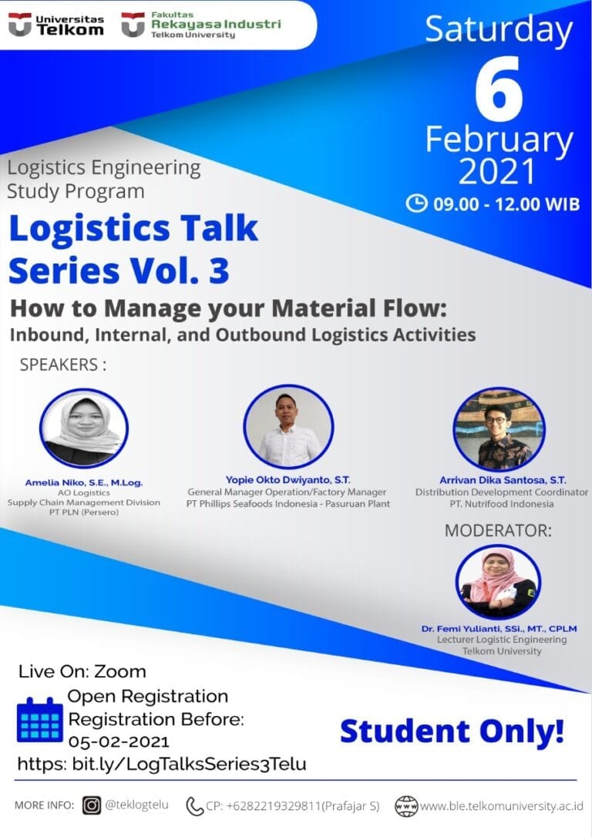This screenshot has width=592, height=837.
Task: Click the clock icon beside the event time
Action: coord(416,203)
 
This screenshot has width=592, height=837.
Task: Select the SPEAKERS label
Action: coord(62,365)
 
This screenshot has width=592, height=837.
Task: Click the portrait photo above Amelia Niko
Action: coord(83,428)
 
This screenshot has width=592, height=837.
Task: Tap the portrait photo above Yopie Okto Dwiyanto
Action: coord(288,426)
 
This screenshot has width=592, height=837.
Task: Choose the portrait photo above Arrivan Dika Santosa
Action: coord(499,429)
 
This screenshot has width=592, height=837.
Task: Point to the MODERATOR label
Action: coord(498,530)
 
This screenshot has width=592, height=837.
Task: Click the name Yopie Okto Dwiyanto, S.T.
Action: coord(288,479)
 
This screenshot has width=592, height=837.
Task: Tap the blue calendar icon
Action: coord(39,719)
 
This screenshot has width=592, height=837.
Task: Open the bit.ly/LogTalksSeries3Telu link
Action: coord(162,764)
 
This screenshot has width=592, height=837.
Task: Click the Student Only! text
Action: coord(452,731)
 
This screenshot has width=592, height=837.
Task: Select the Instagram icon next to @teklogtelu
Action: coord(92,805)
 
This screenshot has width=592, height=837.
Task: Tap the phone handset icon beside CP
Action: coord(194,806)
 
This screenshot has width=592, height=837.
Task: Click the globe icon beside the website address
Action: coord(405,806)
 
